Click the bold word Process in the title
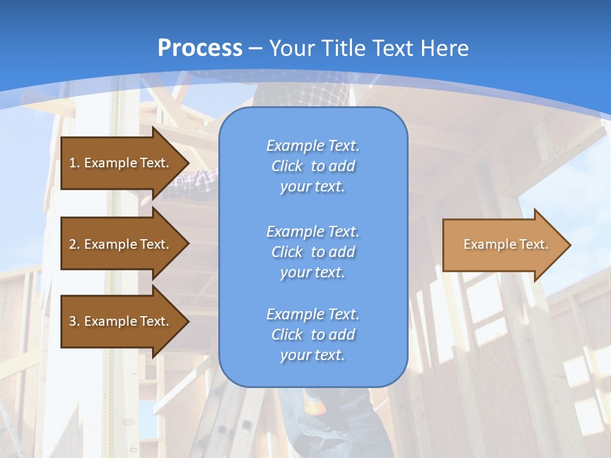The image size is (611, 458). point(200,48)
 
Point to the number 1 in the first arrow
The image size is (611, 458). point(73,163)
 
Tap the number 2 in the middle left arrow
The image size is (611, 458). point(73,244)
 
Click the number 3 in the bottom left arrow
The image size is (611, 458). point(73,321)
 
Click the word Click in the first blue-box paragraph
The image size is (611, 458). point(287,166)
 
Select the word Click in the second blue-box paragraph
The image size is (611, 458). point(287,252)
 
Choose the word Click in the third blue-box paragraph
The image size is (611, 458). point(287,335)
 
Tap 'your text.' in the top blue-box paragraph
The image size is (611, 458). point(313,186)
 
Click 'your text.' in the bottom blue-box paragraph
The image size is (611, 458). point(313,355)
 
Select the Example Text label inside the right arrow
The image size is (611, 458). point(506,244)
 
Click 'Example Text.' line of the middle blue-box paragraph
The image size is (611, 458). point(313,232)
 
